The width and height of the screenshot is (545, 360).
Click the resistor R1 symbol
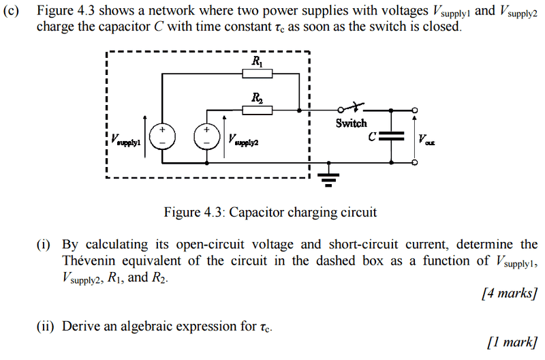point(259,74)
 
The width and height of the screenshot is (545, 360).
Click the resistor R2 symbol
point(259,109)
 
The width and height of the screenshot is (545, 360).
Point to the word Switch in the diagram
point(351,123)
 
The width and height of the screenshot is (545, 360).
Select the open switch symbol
point(350,108)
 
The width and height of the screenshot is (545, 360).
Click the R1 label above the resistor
point(258,61)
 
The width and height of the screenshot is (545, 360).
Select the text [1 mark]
point(512,342)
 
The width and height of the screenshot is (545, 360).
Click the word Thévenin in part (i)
point(89,260)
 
